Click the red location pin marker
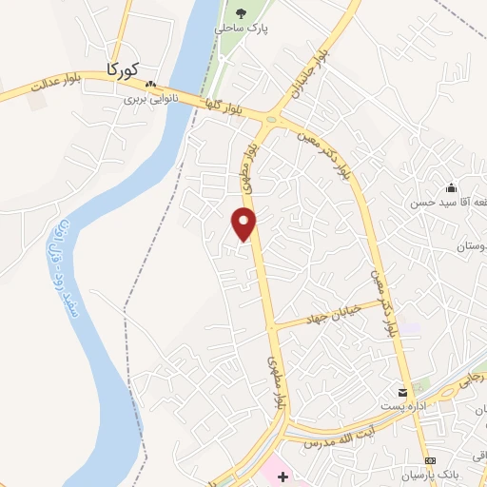[244, 222]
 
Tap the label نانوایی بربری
[148, 97]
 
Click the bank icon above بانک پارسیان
[428, 460]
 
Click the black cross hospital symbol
[282, 473]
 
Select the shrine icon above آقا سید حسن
[450, 187]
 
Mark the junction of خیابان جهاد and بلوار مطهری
[273, 325]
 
